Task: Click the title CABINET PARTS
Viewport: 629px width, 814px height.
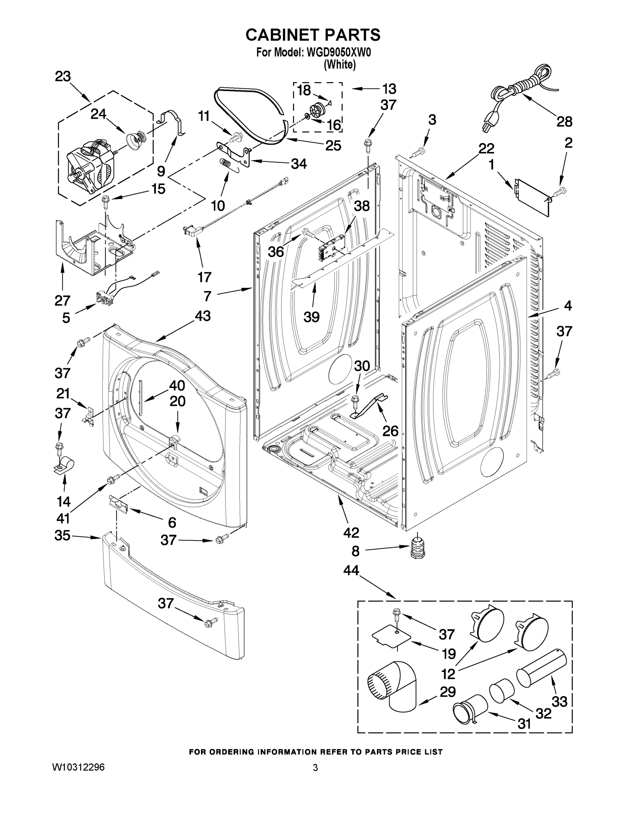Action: [313, 35]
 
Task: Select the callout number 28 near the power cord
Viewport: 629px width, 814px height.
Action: [564, 121]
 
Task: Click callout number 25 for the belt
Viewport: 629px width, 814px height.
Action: [333, 146]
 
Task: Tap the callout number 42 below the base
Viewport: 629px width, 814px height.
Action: [351, 532]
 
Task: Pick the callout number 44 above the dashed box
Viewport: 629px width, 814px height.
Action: [351, 570]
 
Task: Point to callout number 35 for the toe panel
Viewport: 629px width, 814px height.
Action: [62, 536]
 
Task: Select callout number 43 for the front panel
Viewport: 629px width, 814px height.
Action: [202, 316]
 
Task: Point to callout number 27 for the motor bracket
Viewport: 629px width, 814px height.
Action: [62, 300]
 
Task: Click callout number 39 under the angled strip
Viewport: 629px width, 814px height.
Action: [312, 317]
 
